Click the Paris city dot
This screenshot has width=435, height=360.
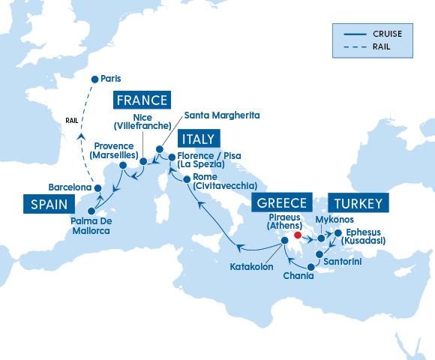(x=94, y=79)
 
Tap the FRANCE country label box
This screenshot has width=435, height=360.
(x=142, y=100)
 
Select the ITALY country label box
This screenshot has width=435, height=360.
(x=199, y=139)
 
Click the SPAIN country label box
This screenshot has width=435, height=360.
(x=50, y=204)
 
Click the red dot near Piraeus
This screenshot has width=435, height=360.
(x=298, y=234)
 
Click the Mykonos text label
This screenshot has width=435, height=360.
(x=334, y=220)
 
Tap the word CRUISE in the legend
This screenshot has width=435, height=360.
(x=385, y=34)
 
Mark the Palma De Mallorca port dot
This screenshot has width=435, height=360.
(x=92, y=211)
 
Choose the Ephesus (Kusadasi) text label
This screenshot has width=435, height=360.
(x=365, y=236)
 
